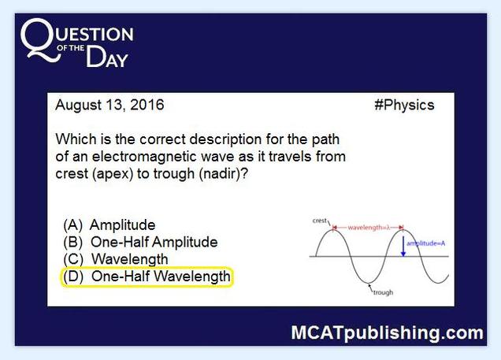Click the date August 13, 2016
pyautogui.click(x=109, y=105)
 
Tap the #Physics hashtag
pyautogui.click(x=404, y=105)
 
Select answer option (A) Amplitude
pyautogui.click(x=109, y=225)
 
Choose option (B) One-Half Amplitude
pyautogui.click(x=140, y=242)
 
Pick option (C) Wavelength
pyautogui.click(x=116, y=259)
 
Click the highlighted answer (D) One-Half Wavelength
pyautogui.click(x=147, y=276)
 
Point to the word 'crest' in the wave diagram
pyautogui.click(x=320, y=221)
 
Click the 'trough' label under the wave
pyautogui.click(x=383, y=292)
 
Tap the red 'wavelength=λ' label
pyautogui.click(x=369, y=228)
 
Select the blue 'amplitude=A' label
pyautogui.click(x=425, y=243)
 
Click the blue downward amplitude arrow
pyautogui.click(x=403, y=246)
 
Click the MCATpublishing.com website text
pyautogui.click(x=388, y=333)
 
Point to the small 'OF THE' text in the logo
pyautogui.click(x=71, y=48)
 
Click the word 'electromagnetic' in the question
pyautogui.click(x=163, y=157)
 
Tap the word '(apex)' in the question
pyautogui.click(x=113, y=174)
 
